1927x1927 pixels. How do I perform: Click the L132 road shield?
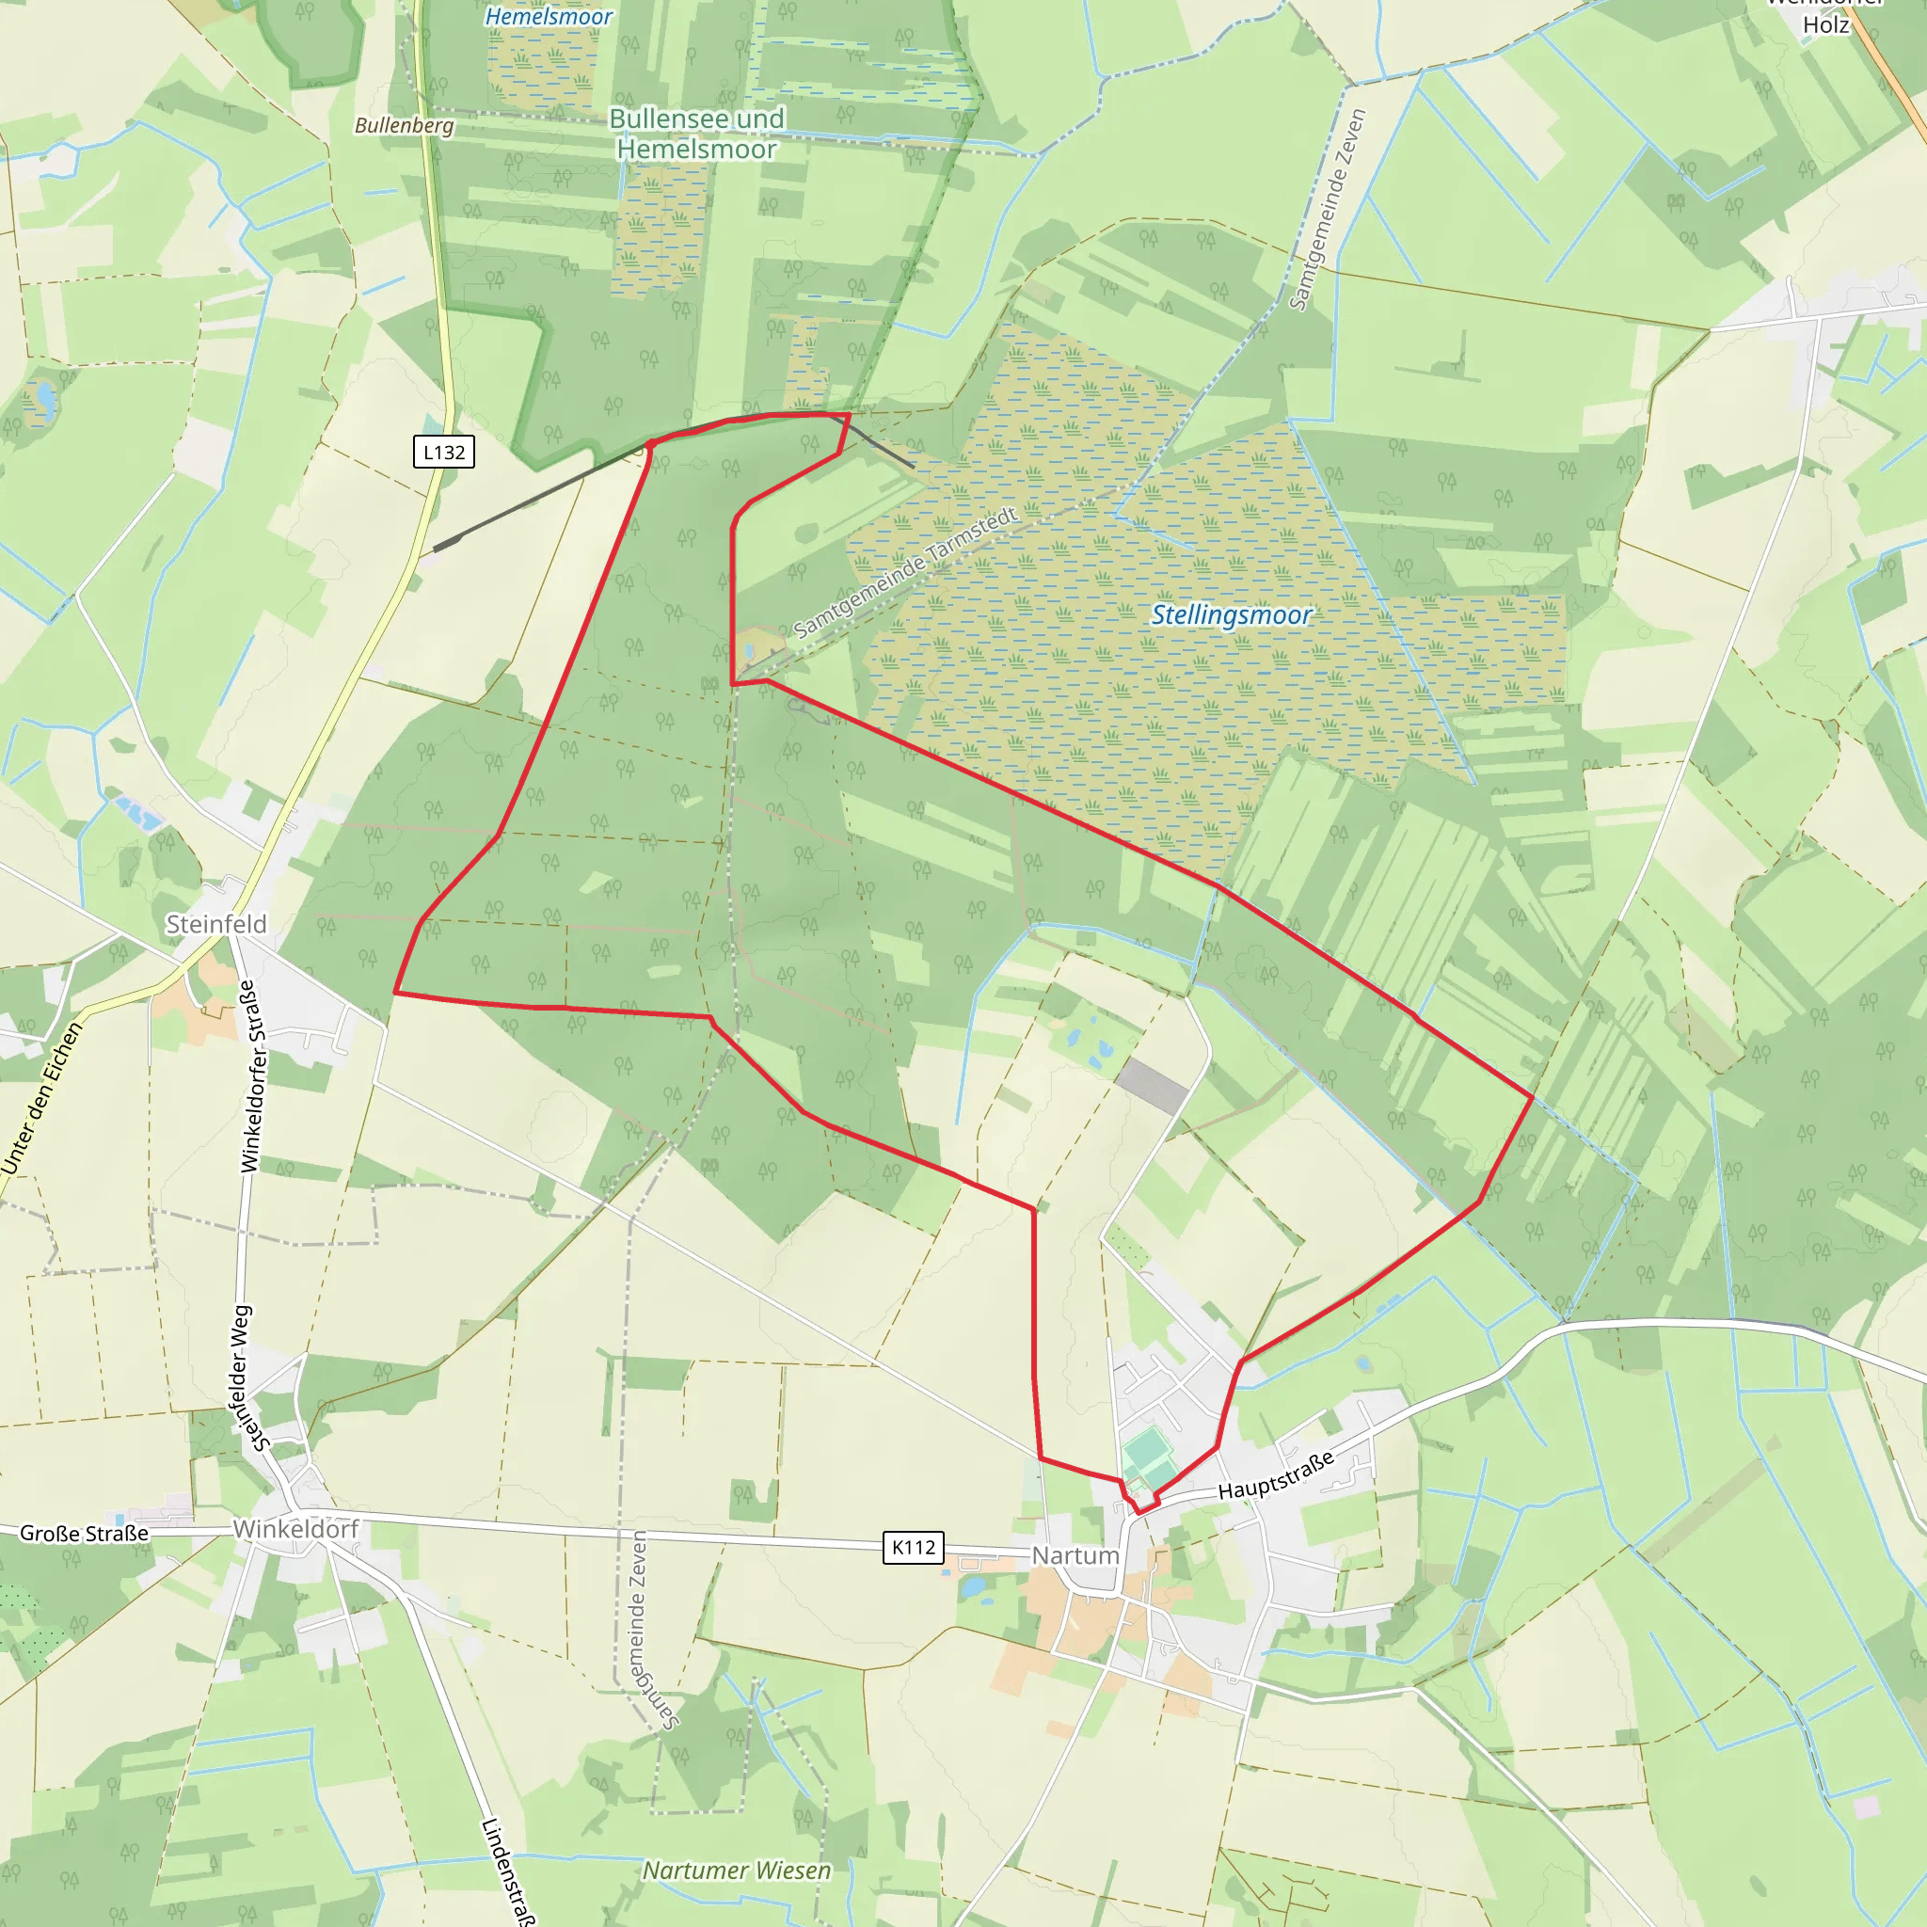444,452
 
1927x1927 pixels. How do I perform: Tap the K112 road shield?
913,1547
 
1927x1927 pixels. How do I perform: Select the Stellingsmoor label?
1231,615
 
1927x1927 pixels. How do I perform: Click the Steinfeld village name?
216,925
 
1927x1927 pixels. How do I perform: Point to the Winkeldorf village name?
295,1529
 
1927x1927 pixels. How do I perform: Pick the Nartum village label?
1075,1556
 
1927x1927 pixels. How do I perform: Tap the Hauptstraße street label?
1276,1475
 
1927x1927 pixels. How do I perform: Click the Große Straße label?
84,1533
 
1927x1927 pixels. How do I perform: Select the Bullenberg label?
404,126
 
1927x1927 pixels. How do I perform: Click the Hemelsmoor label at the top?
549,17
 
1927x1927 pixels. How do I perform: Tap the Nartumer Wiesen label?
736,1871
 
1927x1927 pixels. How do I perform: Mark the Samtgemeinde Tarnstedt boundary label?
906,572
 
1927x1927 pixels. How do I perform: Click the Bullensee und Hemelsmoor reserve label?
696,134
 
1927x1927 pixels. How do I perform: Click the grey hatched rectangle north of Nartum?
1153,1085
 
